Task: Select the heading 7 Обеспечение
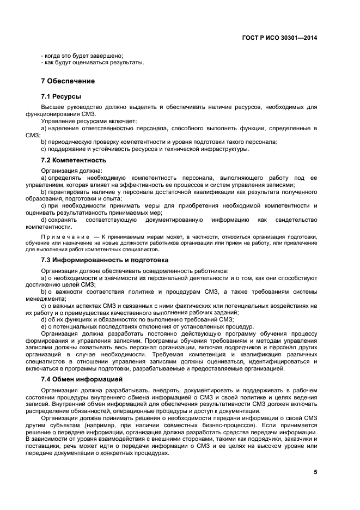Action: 68,81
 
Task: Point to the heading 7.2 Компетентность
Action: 74,160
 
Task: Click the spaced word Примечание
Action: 65,237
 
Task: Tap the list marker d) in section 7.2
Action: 44,220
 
